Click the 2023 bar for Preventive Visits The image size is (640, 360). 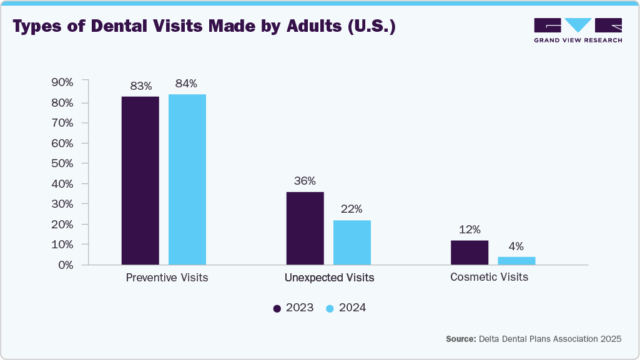[140, 180]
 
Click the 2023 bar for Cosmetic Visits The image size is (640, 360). [469, 252]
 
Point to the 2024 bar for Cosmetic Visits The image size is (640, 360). [516, 260]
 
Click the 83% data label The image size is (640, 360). [140, 85]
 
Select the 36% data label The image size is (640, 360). [305, 181]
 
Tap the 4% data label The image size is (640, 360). [516, 246]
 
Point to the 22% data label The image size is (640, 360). [352, 209]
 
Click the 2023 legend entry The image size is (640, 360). [293, 308]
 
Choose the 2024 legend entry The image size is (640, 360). [346, 308]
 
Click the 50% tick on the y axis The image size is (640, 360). [63, 163]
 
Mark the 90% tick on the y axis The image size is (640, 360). [63, 82]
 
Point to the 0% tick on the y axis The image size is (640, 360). [66, 265]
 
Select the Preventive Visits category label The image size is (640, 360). [167, 278]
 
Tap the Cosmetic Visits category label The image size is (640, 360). [489, 277]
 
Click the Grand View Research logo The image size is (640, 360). [578, 30]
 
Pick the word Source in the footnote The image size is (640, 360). [460, 339]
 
